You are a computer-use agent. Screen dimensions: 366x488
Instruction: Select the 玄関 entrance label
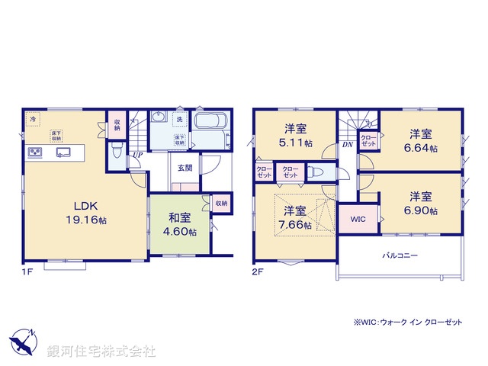(185, 168)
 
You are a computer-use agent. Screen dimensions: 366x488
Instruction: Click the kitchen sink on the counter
(62, 151)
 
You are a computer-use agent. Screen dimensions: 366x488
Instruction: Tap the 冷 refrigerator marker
(33, 120)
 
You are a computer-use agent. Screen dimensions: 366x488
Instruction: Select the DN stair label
(346, 144)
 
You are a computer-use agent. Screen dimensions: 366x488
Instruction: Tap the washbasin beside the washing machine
(159, 118)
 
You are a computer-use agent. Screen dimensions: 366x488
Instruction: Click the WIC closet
(358, 219)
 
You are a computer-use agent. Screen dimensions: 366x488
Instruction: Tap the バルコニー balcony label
(400, 256)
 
